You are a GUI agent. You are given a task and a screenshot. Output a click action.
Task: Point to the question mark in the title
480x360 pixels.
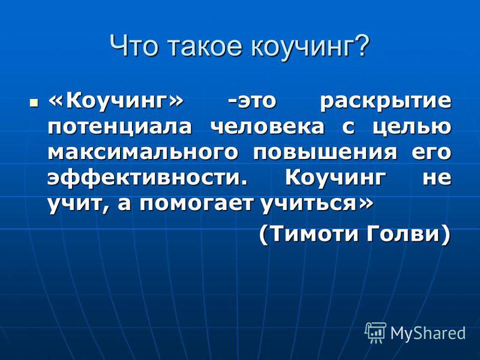point(361,46)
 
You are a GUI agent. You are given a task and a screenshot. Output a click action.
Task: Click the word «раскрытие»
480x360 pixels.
point(385,103)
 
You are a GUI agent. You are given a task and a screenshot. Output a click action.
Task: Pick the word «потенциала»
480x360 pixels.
point(120,127)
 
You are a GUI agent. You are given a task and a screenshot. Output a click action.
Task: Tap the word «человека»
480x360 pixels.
point(267,126)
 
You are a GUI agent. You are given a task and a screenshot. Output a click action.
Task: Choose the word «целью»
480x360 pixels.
point(412,127)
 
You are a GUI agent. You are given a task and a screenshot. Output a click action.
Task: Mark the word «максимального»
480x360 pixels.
point(143,152)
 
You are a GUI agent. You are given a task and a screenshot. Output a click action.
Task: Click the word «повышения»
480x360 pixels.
point(325,152)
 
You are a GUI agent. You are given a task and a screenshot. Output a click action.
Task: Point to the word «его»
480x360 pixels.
point(431,152)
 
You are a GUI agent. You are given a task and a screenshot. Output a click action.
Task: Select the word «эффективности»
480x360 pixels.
point(147,178)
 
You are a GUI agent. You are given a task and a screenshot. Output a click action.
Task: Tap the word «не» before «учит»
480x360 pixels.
point(437,178)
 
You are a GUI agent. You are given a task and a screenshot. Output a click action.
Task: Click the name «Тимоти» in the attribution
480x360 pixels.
point(312,234)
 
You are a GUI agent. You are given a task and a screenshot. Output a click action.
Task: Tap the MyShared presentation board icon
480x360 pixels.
point(376,332)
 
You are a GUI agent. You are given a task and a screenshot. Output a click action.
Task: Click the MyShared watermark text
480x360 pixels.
point(428,333)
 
